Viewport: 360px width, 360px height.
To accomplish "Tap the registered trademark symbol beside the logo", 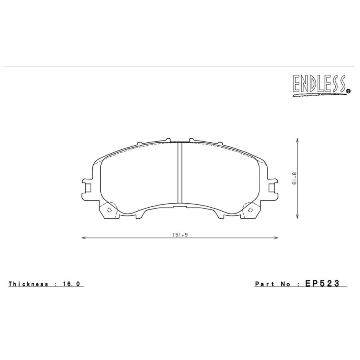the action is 348,91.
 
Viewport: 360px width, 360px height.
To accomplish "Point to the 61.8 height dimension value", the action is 294,178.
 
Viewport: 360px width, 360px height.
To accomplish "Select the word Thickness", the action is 28,284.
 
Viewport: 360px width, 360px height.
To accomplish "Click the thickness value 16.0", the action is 72,284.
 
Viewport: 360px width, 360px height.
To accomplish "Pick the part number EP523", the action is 322,284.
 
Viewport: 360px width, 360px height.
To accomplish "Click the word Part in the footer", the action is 264,284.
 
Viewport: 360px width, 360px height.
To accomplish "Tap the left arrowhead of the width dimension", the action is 84,238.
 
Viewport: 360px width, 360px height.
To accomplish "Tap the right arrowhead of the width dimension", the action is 276,238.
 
